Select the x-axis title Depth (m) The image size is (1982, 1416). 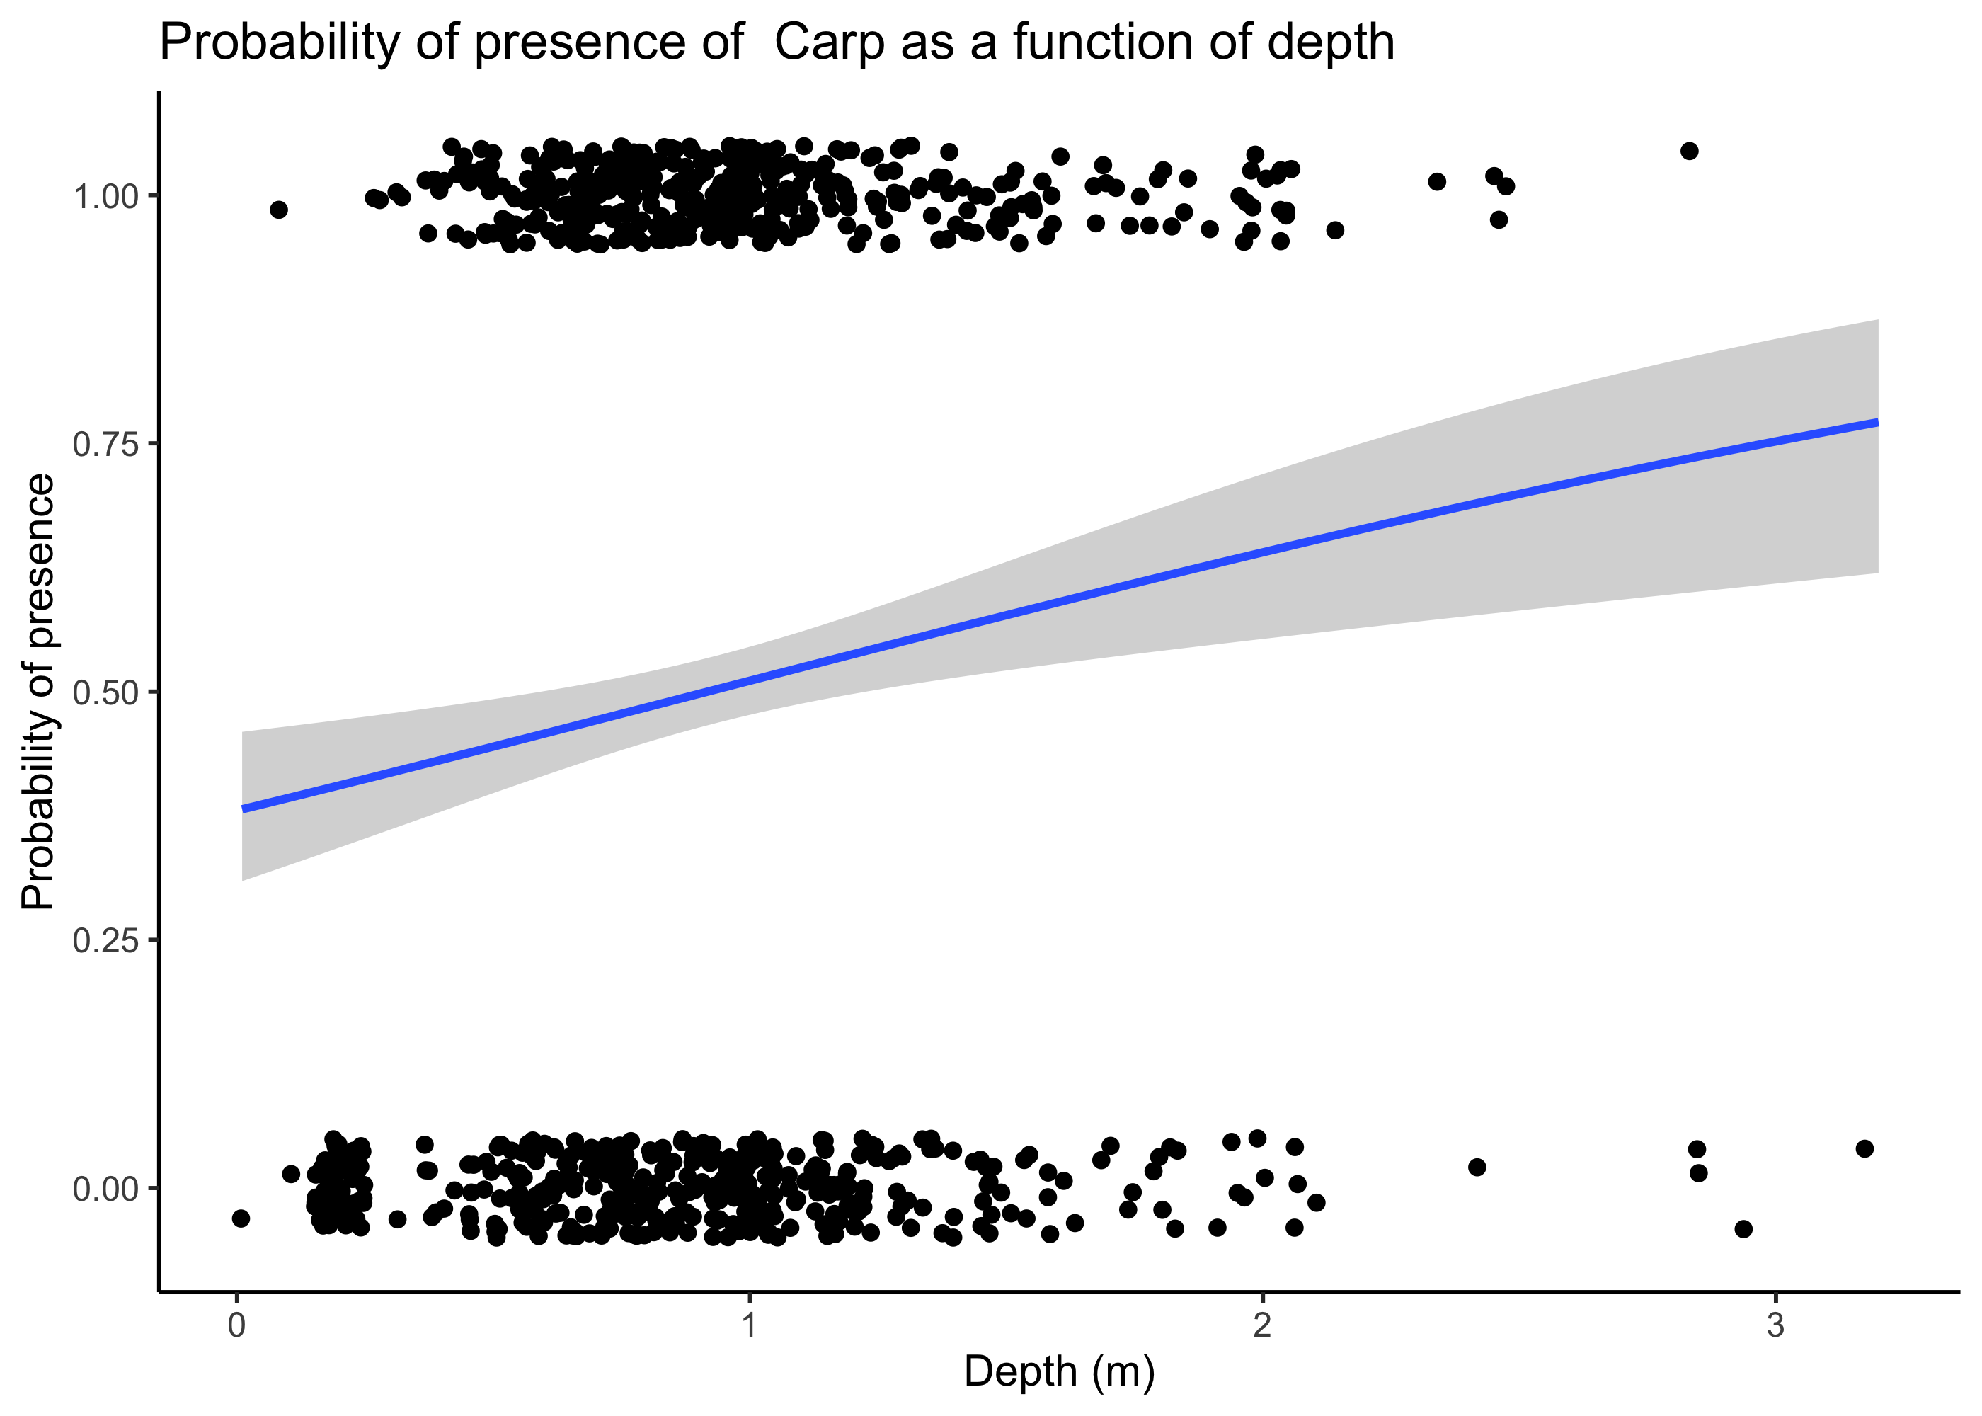point(1059,1371)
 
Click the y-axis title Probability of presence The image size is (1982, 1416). point(38,692)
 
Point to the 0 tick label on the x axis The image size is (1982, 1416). point(236,1325)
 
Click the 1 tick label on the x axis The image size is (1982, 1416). point(749,1325)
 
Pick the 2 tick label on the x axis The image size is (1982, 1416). point(1261,1325)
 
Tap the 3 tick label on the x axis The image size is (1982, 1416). point(1775,1325)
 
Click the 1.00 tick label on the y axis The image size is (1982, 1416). point(105,196)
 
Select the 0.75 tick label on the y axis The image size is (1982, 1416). point(105,445)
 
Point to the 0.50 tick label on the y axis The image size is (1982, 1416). point(105,693)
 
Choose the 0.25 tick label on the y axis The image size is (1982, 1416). point(105,941)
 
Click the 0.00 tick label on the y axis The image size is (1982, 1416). point(105,1189)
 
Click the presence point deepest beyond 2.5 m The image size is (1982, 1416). point(1689,151)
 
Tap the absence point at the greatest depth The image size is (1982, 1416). point(1864,1148)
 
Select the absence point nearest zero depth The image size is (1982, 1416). point(241,1218)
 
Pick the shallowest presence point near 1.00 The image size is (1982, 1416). point(279,210)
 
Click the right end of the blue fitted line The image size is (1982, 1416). point(1877,422)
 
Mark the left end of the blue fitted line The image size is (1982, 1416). point(244,809)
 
